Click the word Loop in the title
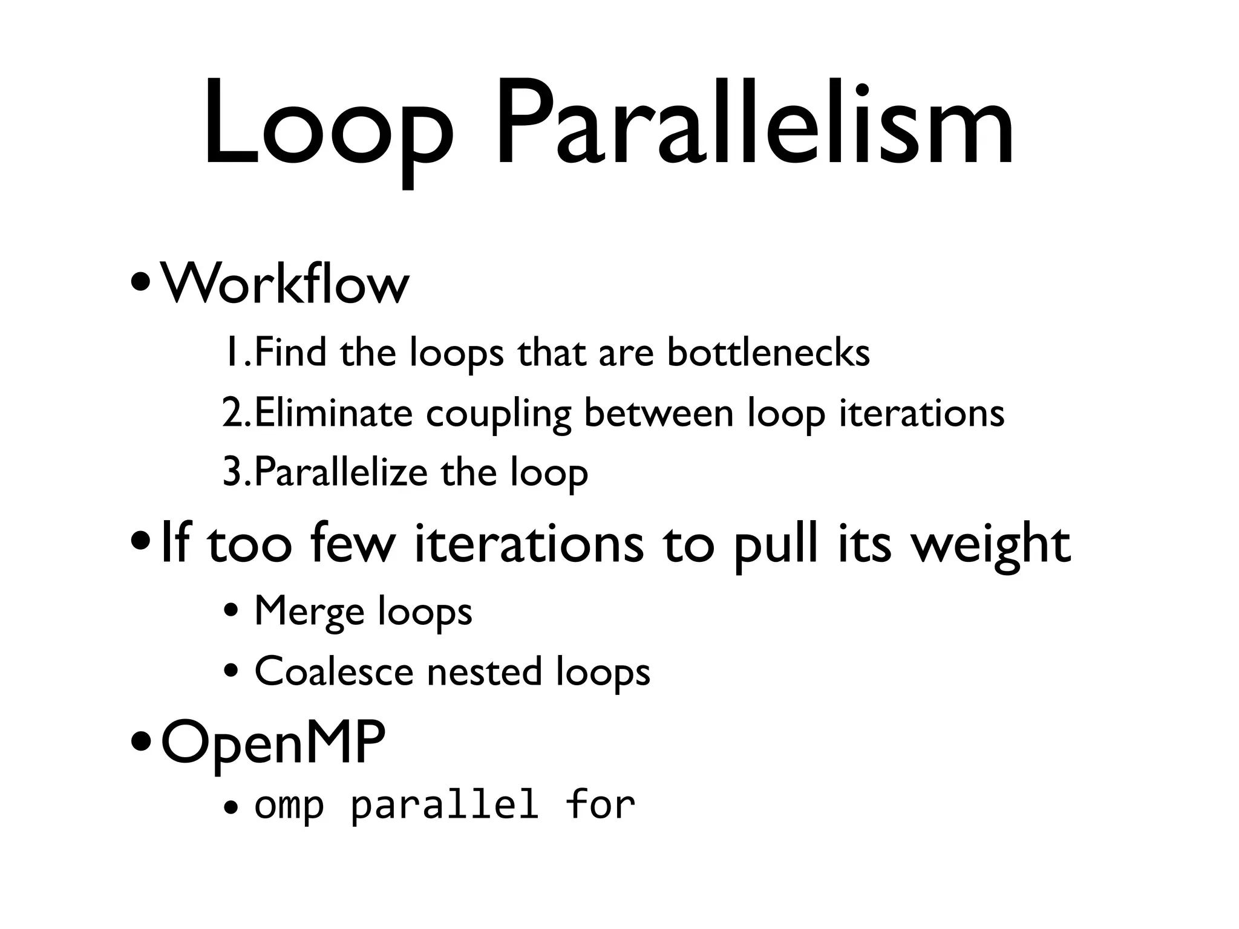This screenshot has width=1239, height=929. (x=327, y=124)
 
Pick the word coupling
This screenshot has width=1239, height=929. (x=499, y=415)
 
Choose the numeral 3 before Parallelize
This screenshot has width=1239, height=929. (x=232, y=473)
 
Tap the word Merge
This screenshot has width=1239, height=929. (x=309, y=611)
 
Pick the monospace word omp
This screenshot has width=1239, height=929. (x=289, y=806)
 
